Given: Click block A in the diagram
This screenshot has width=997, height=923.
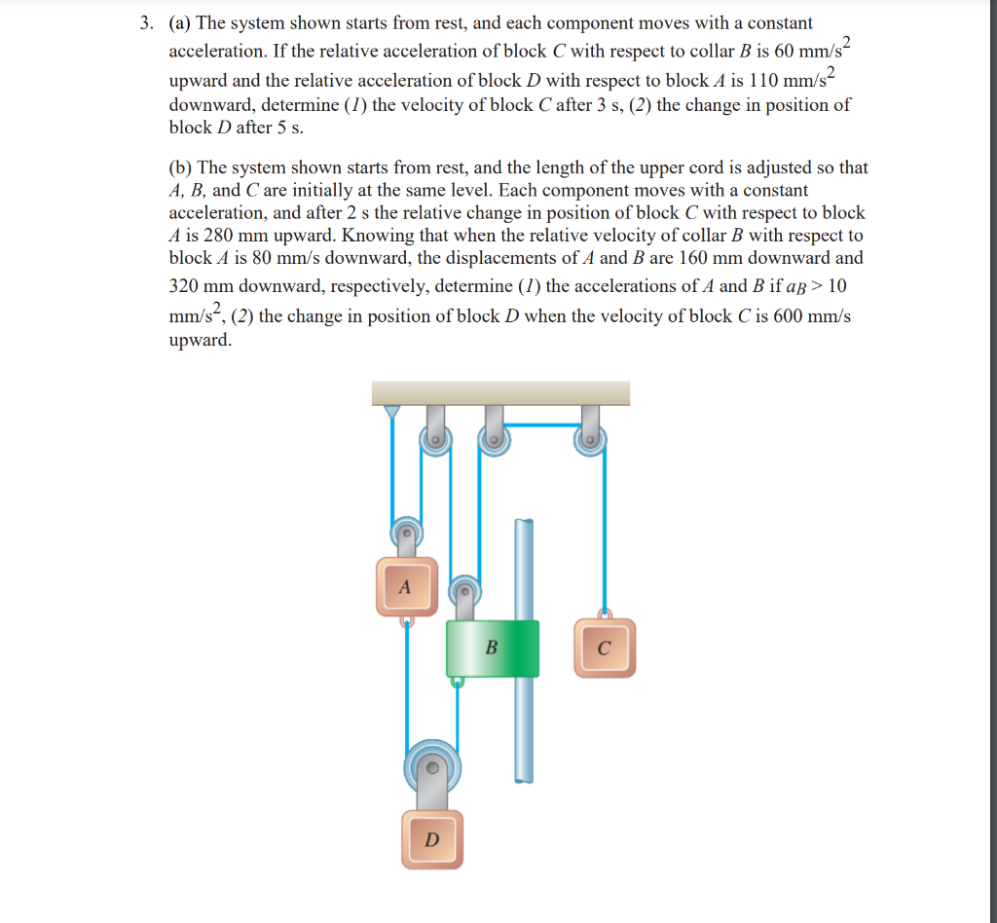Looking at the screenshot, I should [406, 586].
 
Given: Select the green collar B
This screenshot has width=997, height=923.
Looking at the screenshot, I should [492, 647].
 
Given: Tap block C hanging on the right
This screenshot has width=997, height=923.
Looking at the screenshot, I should [604, 648].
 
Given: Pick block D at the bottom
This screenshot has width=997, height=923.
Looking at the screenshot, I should [432, 838].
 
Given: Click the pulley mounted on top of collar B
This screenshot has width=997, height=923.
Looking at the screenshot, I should [464, 590].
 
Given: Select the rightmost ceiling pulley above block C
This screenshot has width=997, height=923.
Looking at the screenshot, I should [589, 440].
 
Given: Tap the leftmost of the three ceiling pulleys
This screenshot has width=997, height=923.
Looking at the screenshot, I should [435, 441].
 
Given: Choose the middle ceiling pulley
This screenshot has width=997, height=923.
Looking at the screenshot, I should [494, 440].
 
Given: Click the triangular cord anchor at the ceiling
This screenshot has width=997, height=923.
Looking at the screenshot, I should [391, 412].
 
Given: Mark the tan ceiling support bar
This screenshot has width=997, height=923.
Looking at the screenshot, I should [500, 392].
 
